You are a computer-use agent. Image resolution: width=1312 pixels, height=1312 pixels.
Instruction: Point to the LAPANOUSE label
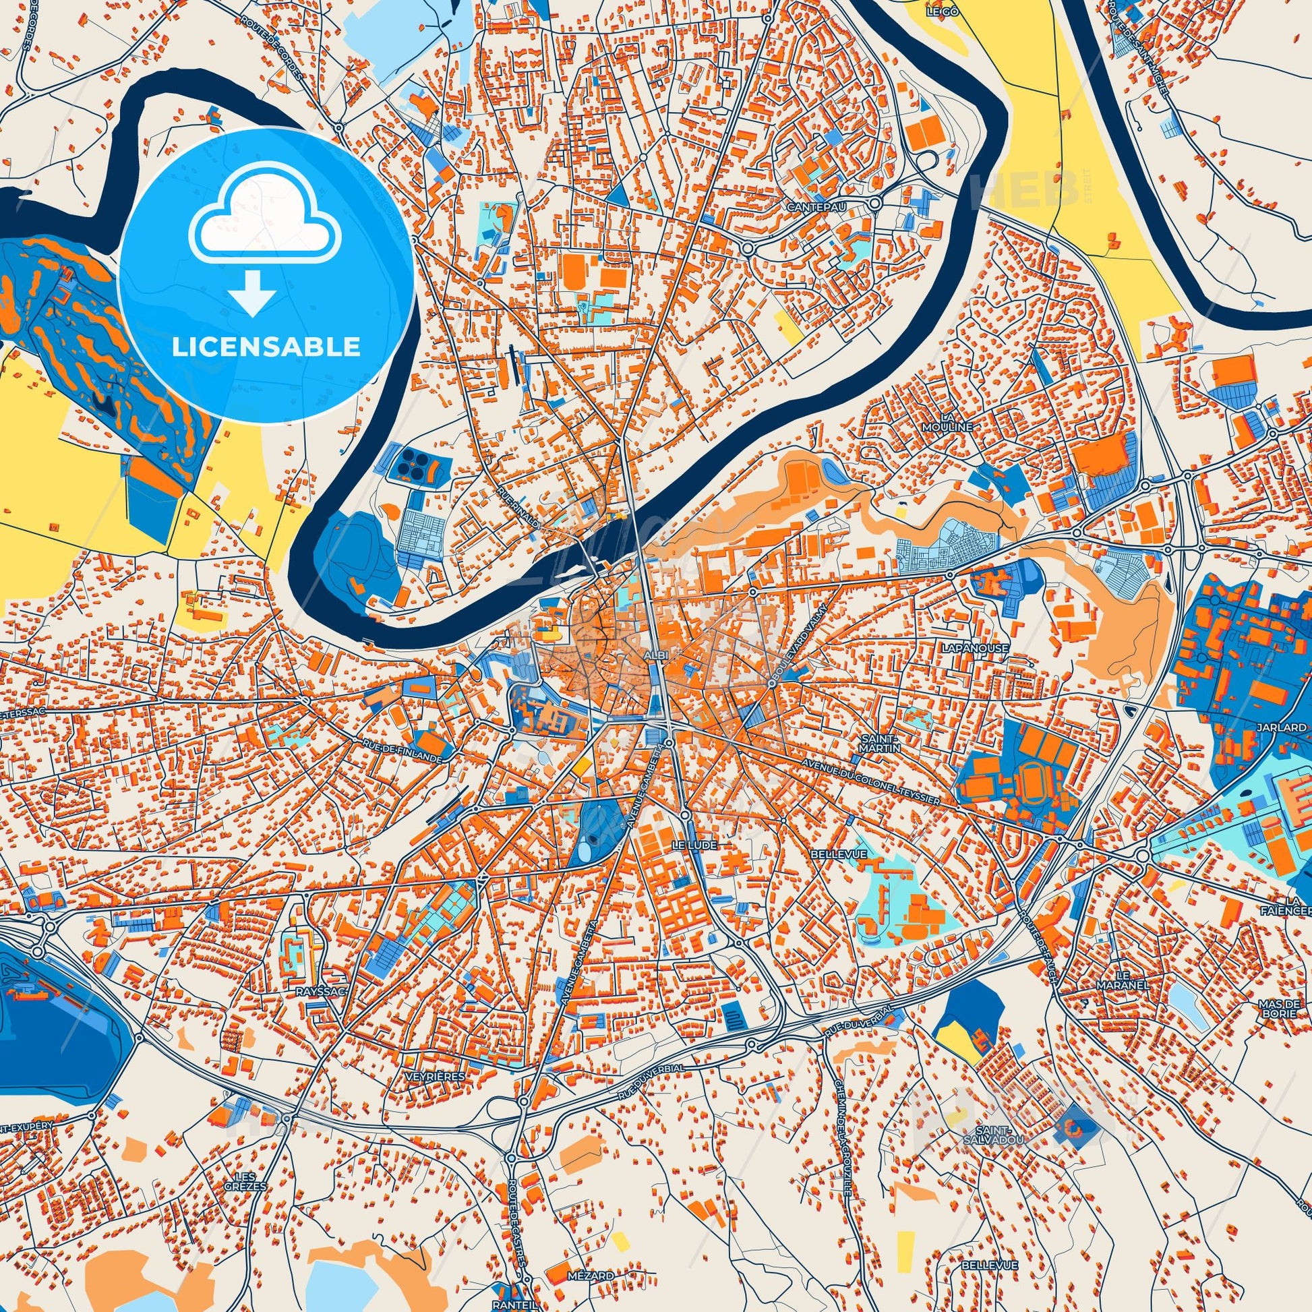click(965, 648)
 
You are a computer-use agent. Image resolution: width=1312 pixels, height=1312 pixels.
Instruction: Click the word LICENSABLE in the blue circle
click(266, 347)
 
